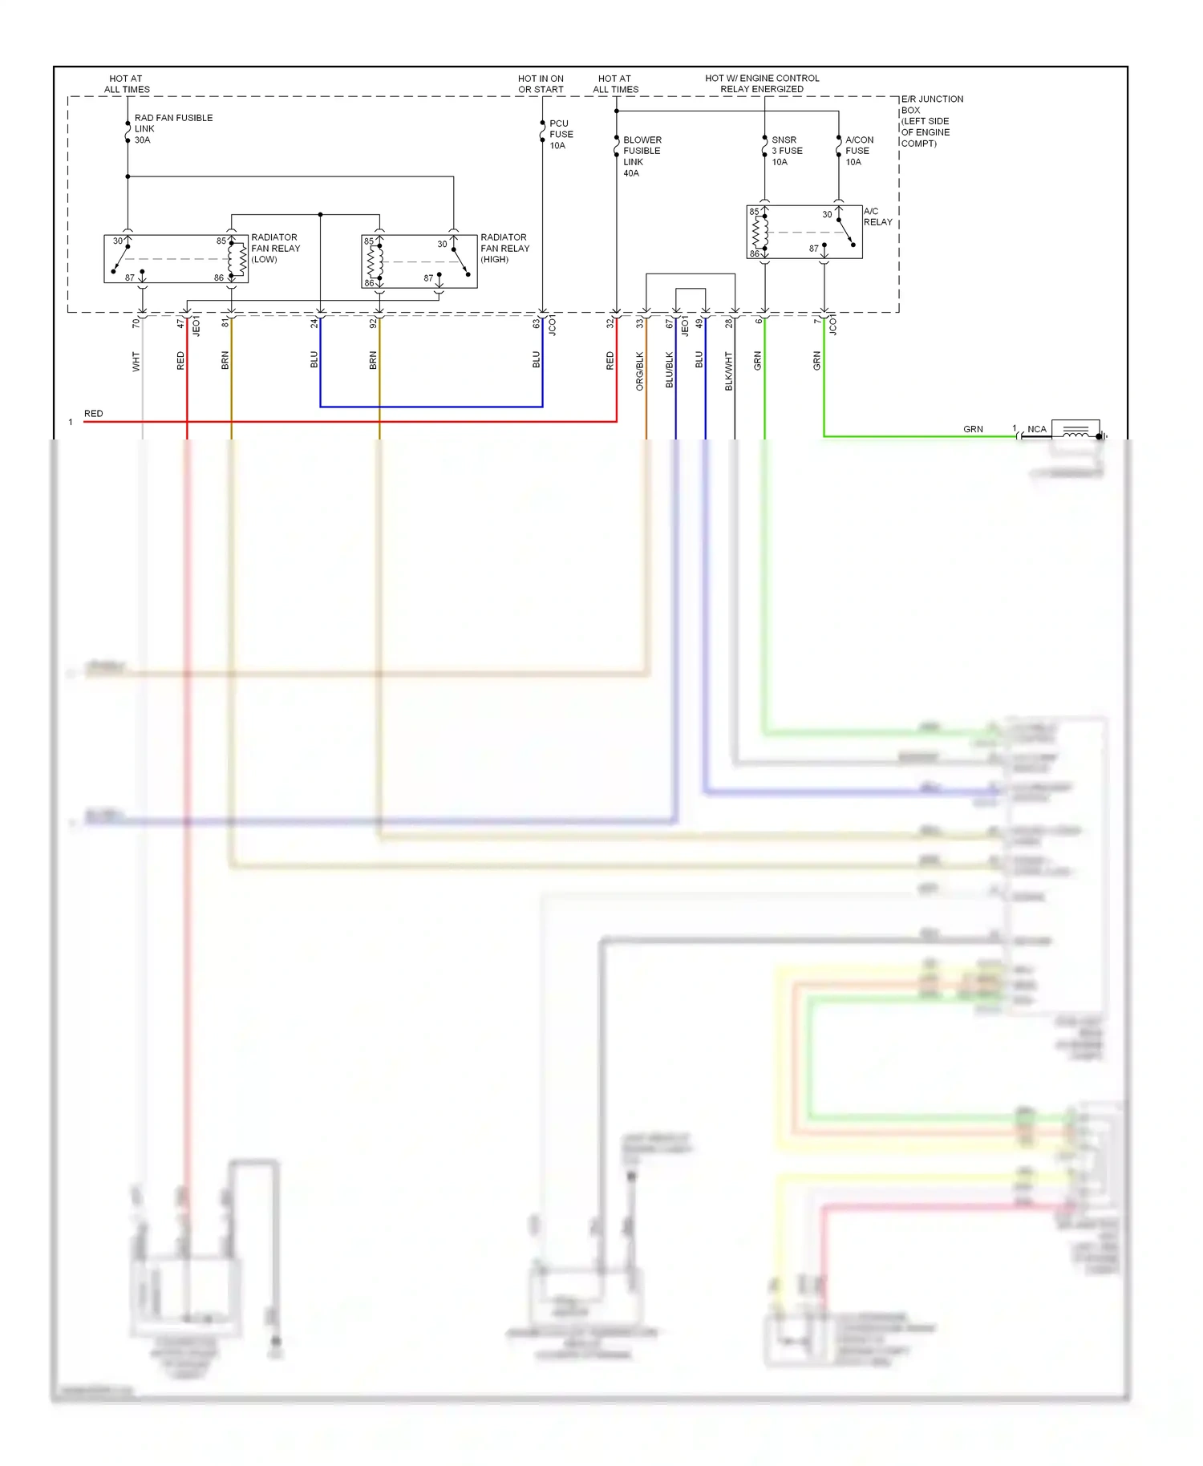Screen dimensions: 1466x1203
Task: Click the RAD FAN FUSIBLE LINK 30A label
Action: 172,128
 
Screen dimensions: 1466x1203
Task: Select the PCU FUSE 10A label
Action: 561,135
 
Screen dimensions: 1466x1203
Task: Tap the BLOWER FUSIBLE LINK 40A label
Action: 642,156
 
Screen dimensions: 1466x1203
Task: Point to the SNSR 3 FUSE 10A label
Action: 787,151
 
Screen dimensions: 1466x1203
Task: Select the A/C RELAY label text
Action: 877,217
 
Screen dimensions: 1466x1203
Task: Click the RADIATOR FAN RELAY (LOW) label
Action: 275,248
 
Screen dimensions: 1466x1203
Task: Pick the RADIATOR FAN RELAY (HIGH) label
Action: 504,248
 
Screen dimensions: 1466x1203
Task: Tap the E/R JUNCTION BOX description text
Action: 931,121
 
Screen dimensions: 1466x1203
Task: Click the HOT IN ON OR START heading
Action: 541,84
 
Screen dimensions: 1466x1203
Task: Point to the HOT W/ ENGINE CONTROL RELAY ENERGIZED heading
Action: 762,83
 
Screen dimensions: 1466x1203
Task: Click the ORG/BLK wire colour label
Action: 640,371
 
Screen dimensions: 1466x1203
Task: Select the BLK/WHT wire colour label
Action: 729,371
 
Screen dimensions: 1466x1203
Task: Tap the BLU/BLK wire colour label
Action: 670,370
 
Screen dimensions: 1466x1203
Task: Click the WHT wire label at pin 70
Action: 136,361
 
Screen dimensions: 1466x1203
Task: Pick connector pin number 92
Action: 373,323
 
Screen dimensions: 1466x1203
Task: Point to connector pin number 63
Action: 537,323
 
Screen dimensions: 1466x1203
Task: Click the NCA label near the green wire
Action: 1037,429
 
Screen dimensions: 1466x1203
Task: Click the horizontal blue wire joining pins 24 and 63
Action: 431,407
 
